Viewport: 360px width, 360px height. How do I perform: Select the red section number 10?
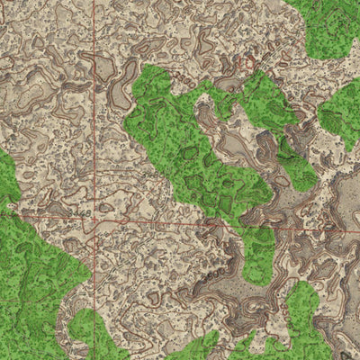click(x=246, y=63)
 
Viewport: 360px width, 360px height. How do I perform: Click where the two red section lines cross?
click(x=94, y=219)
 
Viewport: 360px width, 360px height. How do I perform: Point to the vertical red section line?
click(x=94, y=108)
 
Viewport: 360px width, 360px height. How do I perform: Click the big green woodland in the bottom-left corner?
click(x=31, y=279)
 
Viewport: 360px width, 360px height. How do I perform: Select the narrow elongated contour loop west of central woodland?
click(x=118, y=90)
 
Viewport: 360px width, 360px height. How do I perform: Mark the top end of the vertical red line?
click(x=94, y=2)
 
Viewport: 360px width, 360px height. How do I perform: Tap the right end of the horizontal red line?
click(x=357, y=230)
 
